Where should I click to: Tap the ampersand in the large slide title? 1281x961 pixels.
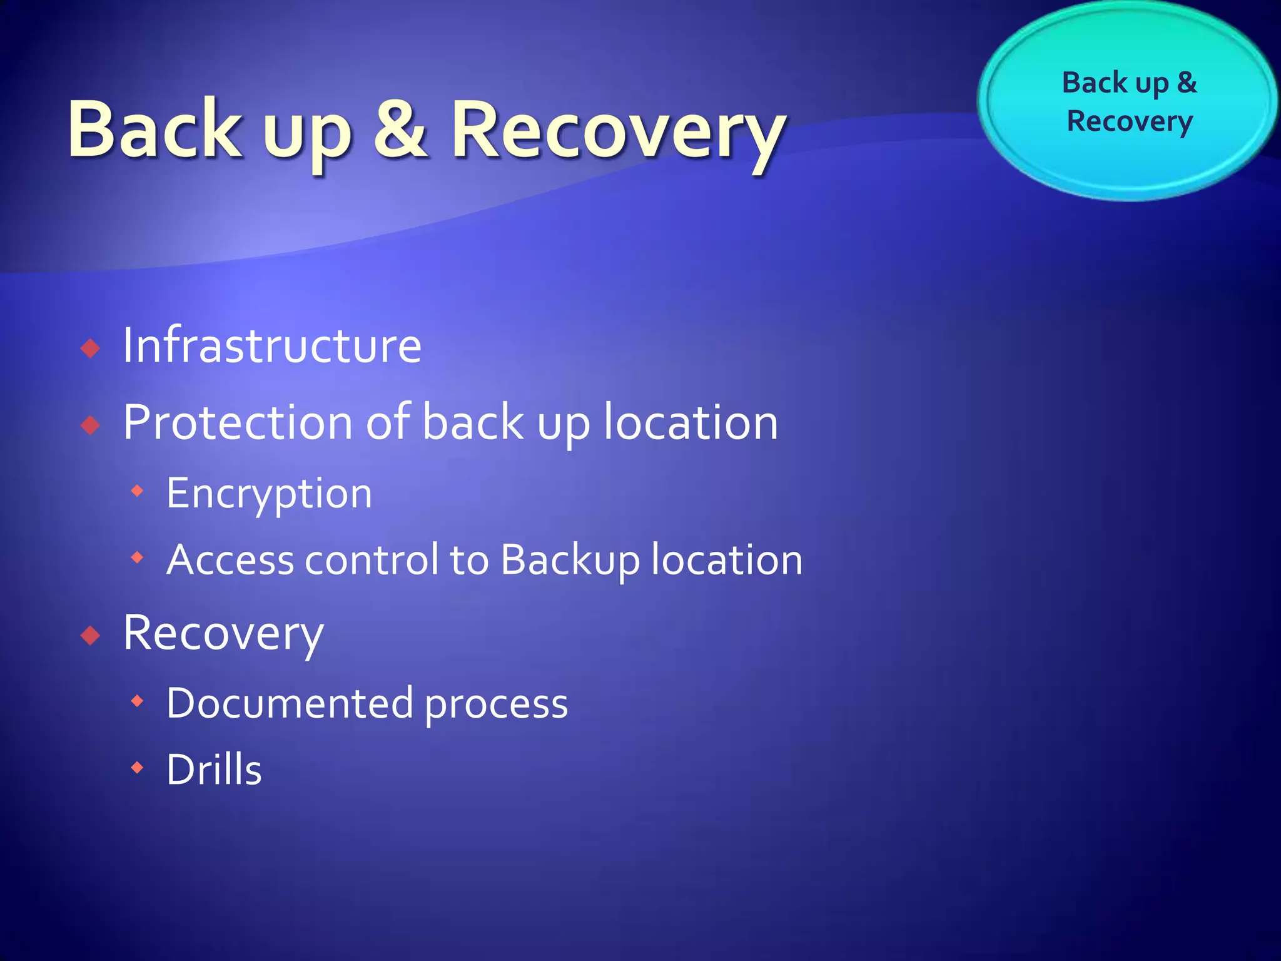click(400, 130)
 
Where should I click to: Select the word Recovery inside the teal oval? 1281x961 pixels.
click(1130, 121)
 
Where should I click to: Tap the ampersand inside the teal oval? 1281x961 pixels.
click(1187, 83)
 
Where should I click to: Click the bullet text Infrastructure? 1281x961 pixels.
click(271, 345)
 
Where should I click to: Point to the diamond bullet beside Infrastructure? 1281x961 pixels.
click(91, 348)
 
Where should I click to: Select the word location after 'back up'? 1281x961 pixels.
click(691, 423)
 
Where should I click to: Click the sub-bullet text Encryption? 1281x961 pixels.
click(269, 494)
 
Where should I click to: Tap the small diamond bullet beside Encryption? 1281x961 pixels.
click(138, 492)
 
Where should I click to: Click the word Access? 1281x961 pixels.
click(230, 560)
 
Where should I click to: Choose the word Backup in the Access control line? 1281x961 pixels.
click(570, 560)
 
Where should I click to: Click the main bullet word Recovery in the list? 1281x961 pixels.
click(223, 634)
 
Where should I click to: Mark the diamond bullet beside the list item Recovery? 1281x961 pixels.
click(91, 636)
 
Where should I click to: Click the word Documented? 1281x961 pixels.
click(290, 704)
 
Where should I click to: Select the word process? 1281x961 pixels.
click(496, 706)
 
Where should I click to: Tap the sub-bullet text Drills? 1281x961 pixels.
click(214, 770)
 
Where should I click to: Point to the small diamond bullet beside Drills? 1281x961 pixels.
click(138, 767)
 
